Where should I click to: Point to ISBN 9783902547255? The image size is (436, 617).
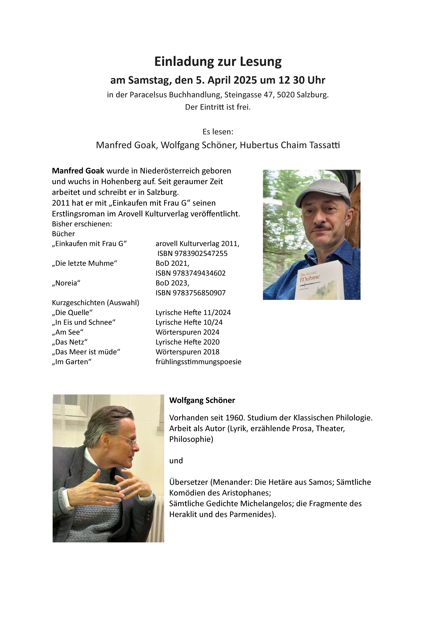pos(192,253)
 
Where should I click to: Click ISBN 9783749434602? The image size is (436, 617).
pos(190,273)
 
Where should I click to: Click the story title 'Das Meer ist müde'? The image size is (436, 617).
pos(86,352)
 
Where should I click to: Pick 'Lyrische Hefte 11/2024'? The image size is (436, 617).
pos(193,312)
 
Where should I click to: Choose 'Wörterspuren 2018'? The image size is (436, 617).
pos(187,352)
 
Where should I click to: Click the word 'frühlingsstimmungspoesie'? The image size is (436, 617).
pos(198,362)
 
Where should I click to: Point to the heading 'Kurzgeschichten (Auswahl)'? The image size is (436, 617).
pos(96,303)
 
